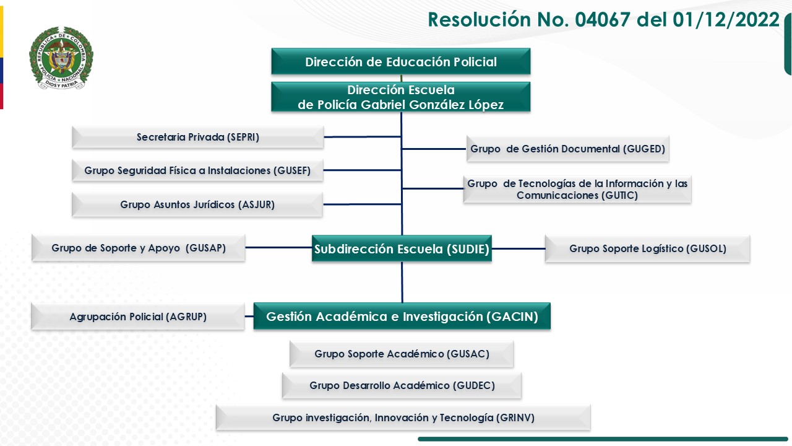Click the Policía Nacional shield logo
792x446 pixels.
coord(60,59)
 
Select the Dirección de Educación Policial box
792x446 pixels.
coord(400,61)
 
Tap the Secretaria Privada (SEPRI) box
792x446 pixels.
coord(197,138)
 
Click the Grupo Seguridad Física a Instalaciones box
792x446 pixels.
coord(197,170)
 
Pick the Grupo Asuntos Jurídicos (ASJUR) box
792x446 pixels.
coord(197,204)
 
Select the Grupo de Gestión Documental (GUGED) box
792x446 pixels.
coord(567,149)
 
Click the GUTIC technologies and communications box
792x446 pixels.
coord(577,189)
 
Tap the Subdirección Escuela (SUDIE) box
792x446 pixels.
coord(402,249)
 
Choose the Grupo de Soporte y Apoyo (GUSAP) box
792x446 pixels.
coord(139,248)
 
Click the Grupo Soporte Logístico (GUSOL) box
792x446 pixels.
coord(647,248)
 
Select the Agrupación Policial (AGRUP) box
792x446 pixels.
coord(138,317)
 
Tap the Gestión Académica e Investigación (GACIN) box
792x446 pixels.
coord(402,317)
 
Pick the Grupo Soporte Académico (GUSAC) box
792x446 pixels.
coord(402,354)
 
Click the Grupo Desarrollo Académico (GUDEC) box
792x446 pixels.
coord(402,385)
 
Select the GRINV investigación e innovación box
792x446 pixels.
coord(403,418)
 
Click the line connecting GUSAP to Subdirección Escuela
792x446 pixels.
coord(278,248)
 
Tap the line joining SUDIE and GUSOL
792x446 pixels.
coord(519,248)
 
